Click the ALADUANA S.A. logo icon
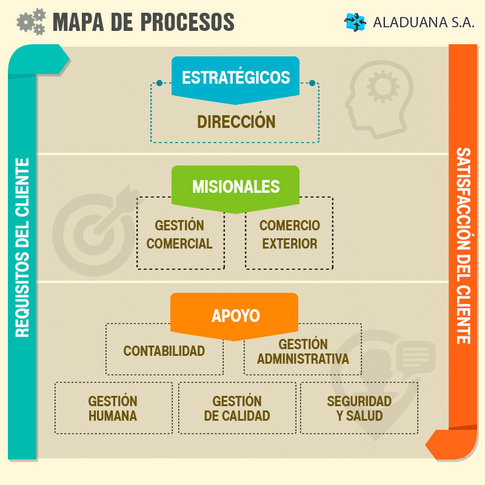click(355, 22)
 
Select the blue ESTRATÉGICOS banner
click(236, 78)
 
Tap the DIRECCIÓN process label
click(236, 122)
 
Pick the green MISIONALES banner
click(236, 186)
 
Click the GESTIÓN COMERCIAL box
click(179, 235)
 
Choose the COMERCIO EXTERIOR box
click(289, 235)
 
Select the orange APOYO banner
click(235, 316)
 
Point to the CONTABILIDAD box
click(164, 351)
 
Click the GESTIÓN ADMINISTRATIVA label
click(303, 352)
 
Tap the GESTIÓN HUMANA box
click(113, 409)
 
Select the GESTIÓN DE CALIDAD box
click(237, 409)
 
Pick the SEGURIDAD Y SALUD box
click(360, 409)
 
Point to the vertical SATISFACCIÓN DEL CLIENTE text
click(463, 246)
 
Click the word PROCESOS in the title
click(187, 22)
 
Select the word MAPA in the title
click(76, 22)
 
